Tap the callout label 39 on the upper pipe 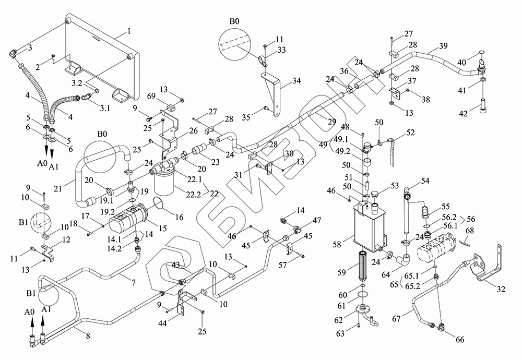click(x=443, y=46)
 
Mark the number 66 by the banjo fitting click(x=459, y=340)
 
